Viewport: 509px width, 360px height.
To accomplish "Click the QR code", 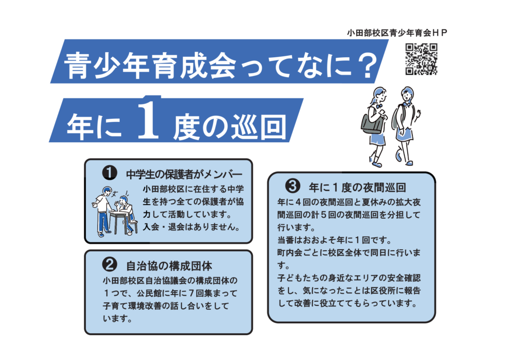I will pyautogui.click(x=422, y=59).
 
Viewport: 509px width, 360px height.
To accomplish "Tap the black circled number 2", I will pyautogui.click(x=109, y=263).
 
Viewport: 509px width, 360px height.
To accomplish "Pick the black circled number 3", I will pyautogui.click(x=292, y=186).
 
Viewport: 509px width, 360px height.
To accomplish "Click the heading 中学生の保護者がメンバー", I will pyautogui.click(x=184, y=174).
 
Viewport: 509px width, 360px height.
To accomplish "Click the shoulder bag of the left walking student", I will pyautogui.click(x=372, y=123).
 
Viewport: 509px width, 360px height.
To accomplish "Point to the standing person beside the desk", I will pyautogui.click(x=103, y=209).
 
